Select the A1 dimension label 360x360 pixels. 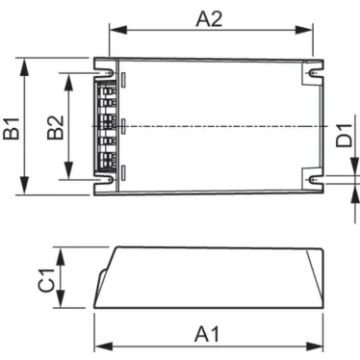[x=208, y=333]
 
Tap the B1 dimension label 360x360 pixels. [x=13, y=127]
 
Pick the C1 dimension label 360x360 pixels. [x=45, y=279]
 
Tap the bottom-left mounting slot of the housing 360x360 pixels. [x=104, y=179]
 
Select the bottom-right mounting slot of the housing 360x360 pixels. [x=315, y=179]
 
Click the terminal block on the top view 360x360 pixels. [x=108, y=126]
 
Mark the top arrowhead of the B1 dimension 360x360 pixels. [x=26, y=64]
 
